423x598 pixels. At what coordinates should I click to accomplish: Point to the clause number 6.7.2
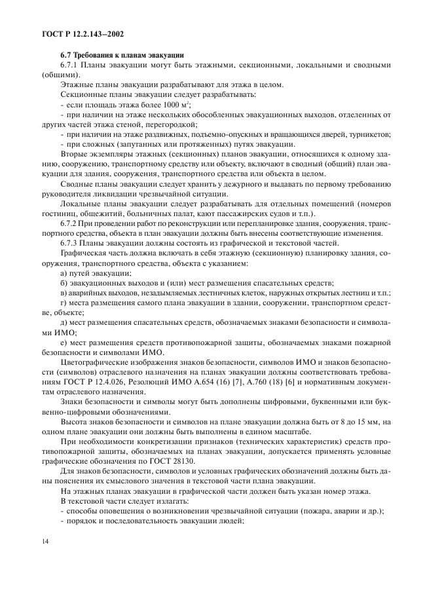pos(70,225)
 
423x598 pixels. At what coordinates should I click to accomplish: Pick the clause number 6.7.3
pos(70,244)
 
